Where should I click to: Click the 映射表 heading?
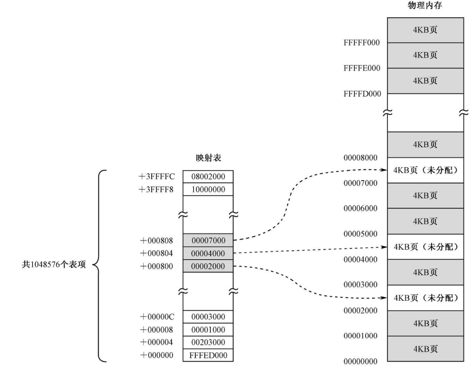click(208, 158)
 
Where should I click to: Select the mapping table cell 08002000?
click(208, 177)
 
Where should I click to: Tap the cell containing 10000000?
click(208, 190)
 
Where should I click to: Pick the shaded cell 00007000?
click(208, 240)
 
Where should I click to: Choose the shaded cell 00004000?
click(208, 253)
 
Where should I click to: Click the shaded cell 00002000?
click(208, 266)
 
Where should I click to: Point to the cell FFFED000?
click(208, 356)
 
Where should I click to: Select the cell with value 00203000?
click(208, 343)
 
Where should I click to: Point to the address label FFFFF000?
click(362, 43)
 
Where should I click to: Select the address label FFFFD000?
click(362, 94)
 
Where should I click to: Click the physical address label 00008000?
click(361, 158)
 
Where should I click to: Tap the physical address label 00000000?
click(361, 361)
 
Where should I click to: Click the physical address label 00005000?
click(361, 234)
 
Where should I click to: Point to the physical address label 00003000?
click(361, 285)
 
